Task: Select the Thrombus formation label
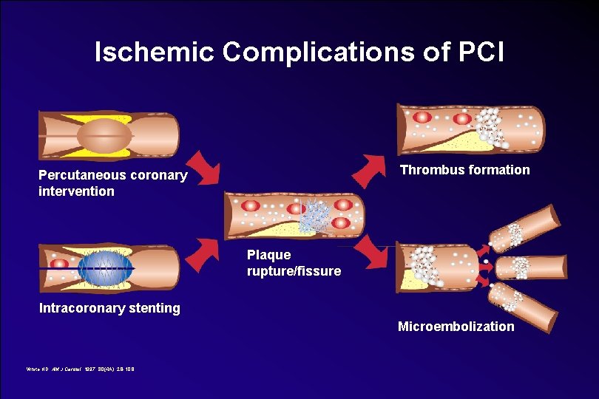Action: point(464,170)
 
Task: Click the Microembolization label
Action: point(456,326)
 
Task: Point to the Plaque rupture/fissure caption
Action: point(294,263)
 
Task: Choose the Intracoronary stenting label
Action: point(109,308)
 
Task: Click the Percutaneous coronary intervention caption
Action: point(112,183)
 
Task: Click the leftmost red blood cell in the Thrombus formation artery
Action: point(423,117)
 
